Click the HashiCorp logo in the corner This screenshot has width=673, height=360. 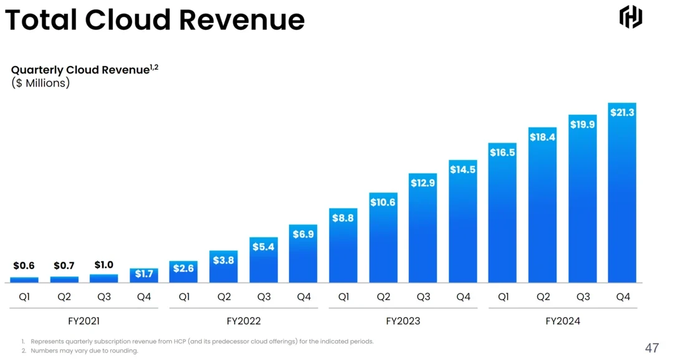631,17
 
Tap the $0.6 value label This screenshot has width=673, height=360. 24,266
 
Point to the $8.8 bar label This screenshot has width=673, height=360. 343,218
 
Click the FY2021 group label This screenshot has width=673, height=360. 84,321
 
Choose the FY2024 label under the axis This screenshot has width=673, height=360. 563,321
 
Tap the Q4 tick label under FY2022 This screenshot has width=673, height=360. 303,297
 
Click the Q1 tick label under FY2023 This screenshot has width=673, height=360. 343,297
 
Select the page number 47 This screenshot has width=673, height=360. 652,348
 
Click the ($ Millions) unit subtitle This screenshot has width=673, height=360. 41,83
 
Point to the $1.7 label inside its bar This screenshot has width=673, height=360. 144,274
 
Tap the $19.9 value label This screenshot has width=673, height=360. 583,125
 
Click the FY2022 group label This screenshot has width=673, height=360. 244,321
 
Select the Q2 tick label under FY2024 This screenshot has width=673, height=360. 543,297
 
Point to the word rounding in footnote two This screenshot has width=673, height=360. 123,351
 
